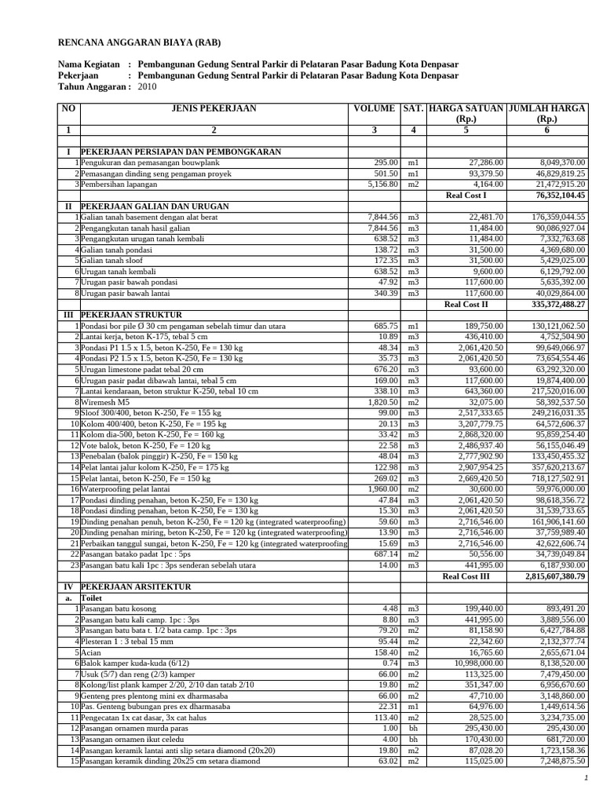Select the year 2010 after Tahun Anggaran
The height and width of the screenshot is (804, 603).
tap(148, 87)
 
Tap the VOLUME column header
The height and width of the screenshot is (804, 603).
tap(375, 109)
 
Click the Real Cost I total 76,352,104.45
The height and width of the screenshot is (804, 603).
tap(561, 195)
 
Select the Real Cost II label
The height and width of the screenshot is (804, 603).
tap(466, 303)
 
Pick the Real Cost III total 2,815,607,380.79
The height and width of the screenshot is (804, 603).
tap(555, 576)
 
